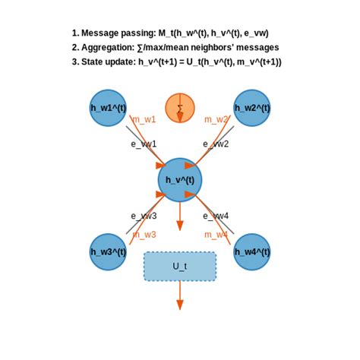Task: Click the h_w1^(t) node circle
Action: coord(108,108)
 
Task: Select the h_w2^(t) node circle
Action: coord(252,108)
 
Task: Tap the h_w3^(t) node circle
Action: coord(108,251)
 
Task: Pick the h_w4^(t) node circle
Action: coord(252,251)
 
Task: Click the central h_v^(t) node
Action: coord(180,180)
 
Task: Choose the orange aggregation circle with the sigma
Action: coord(180,108)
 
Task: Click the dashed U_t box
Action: coord(180,267)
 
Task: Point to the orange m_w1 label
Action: coord(144,119)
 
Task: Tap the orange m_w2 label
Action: coord(216,119)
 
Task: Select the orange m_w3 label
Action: coord(144,235)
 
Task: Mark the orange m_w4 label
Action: coord(216,235)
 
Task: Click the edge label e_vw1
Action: coord(144,144)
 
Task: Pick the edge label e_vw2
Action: coord(216,144)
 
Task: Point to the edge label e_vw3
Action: coord(144,216)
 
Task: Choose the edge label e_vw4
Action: coord(216,216)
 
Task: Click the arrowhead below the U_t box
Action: coord(180,305)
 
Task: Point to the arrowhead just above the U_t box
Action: coord(180,226)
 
